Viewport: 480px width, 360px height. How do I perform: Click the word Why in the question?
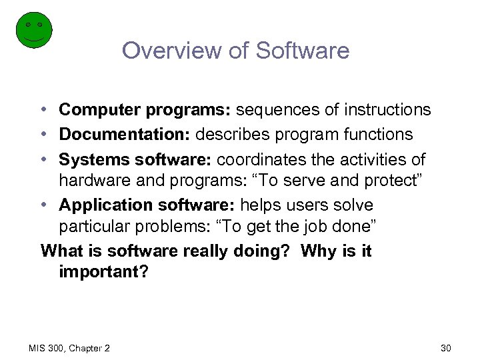click(x=317, y=251)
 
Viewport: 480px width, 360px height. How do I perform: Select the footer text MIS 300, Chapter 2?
click(x=70, y=348)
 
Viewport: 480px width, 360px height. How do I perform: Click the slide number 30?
click(x=445, y=348)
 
